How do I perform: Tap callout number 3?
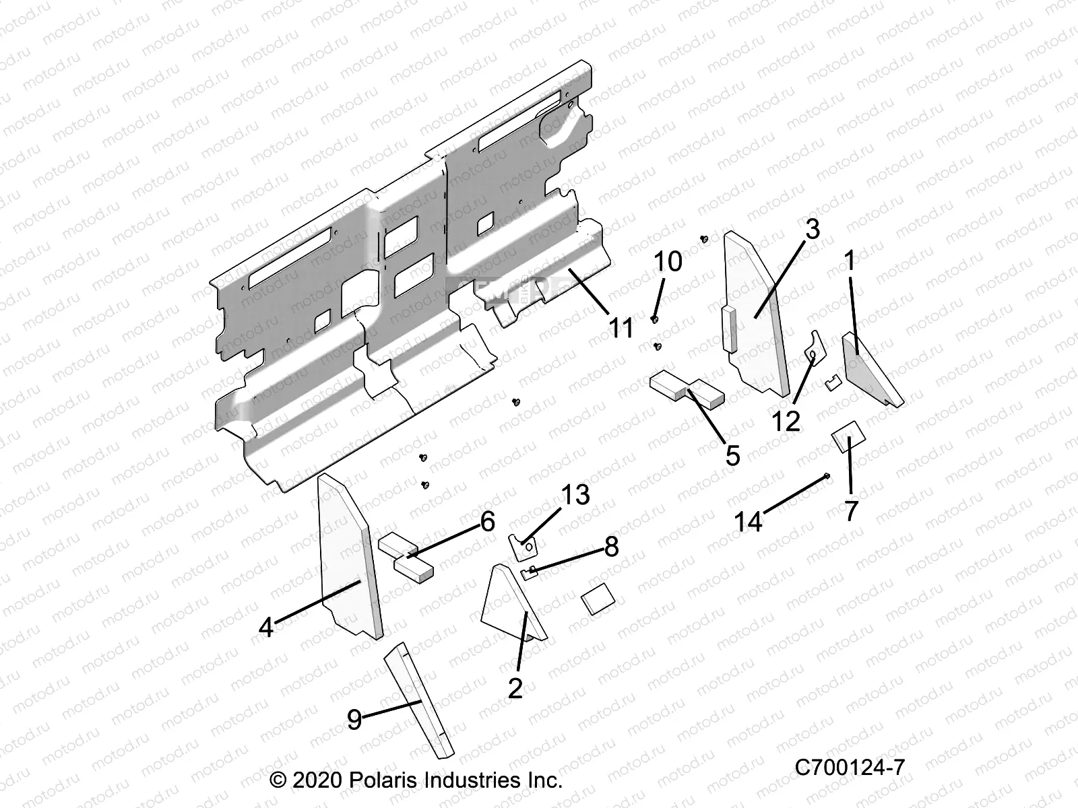(813, 230)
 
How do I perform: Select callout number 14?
(749, 521)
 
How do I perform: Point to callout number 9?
(354, 720)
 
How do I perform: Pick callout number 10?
(668, 261)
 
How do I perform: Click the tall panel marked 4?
(347, 559)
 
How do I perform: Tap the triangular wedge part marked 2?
(509, 603)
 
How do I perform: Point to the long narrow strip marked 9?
(418, 700)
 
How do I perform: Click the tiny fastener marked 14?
(827, 477)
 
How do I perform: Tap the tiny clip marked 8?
(530, 572)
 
